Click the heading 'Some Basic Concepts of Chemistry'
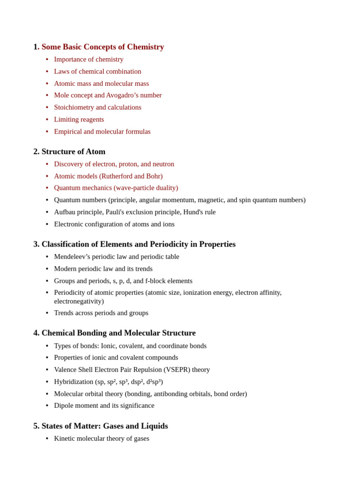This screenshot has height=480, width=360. coord(103,47)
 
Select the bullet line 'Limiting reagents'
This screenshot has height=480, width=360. coord(79,120)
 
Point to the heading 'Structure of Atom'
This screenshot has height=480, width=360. coord(73,151)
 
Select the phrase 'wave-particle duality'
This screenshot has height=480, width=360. coord(145,188)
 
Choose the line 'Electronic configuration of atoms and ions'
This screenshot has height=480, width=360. coord(114,224)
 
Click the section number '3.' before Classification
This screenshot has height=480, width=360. coord(36,244)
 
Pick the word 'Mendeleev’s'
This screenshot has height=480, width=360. coord(73,257)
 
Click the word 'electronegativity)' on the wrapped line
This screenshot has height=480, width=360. coord(79,301)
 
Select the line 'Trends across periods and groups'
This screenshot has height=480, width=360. coord(101,313)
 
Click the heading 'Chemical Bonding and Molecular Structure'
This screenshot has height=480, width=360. coord(118,333)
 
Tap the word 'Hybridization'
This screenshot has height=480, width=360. coord(74,382)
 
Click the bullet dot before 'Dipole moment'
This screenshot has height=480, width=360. coord(47,405)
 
